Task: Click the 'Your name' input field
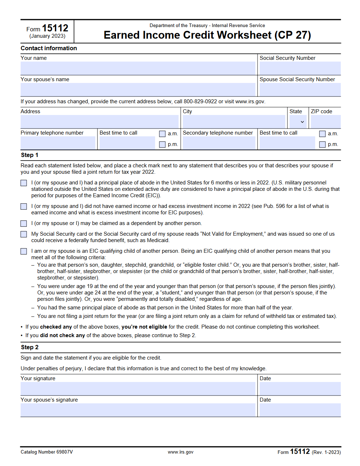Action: [138, 68]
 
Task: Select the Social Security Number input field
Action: [300, 68]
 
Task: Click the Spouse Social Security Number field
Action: [300, 89]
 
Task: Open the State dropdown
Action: [298, 122]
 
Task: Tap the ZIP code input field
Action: [325, 122]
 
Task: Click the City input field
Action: [234, 122]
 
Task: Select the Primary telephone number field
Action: [58, 143]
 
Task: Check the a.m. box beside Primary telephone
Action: [162, 134]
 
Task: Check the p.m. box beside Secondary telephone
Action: [322, 145]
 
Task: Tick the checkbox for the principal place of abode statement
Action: [24, 183]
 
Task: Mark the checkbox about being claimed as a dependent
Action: [24, 224]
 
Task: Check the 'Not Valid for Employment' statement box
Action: [24, 234]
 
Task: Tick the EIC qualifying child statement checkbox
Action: [24, 251]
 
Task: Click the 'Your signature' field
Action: [138, 388]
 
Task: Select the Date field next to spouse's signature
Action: [300, 410]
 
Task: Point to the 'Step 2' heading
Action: [30, 347]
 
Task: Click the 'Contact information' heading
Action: [49, 48]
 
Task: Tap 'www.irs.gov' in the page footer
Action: [181, 452]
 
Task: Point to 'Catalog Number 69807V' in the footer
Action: [47, 452]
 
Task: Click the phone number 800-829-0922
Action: [200, 101]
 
